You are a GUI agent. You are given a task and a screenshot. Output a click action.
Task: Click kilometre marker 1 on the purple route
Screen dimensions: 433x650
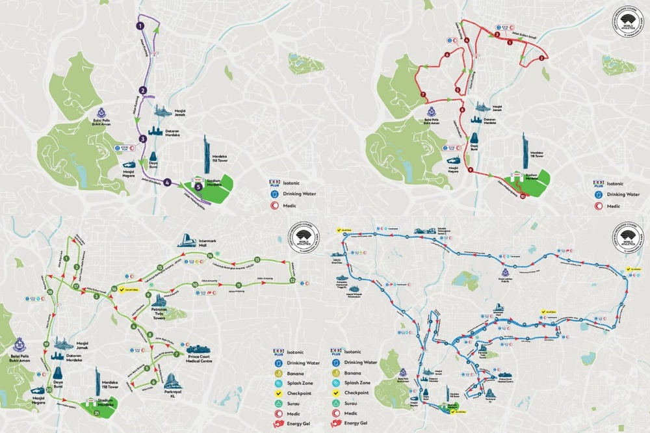[139, 26]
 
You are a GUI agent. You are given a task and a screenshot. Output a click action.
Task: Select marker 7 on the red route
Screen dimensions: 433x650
[423, 95]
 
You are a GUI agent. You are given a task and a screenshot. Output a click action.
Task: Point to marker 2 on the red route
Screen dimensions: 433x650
[541, 58]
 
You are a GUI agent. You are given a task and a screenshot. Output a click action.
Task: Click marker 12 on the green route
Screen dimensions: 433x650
[292, 280]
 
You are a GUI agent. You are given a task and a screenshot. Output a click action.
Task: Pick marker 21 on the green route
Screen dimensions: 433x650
[96, 413]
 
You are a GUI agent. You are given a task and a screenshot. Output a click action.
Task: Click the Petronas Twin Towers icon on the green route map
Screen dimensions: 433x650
[158, 302]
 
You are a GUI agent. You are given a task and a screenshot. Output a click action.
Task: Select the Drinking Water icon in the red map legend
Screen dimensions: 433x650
[599, 194]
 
